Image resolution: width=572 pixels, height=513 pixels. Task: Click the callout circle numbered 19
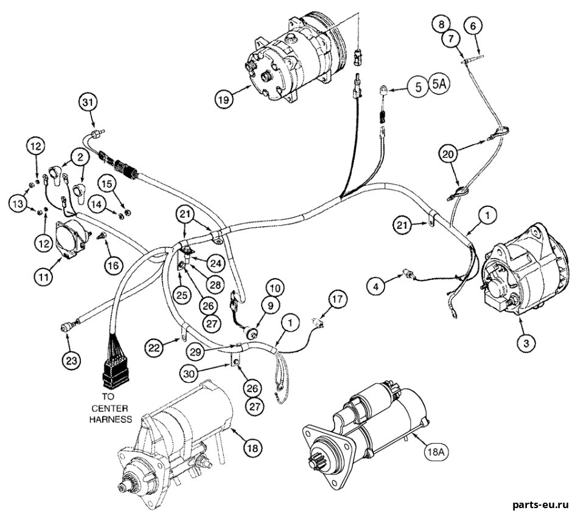tap(224, 99)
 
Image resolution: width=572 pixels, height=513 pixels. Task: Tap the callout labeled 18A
tap(436, 452)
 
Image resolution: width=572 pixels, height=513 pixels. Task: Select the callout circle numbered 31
tap(88, 103)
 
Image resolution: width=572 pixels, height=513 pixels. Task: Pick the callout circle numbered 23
tap(71, 361)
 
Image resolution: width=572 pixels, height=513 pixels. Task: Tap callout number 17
tap(338, 299)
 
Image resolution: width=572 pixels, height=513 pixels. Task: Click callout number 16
tap(113, 265)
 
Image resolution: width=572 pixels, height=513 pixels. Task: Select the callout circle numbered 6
tap(473, 26)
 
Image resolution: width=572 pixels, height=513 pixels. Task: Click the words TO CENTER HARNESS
tap(111, 408)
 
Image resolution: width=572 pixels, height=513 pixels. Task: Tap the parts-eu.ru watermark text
tap(540, 505)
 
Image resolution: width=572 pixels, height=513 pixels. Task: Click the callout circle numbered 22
tap(155, 347)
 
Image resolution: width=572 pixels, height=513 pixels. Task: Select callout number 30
tap(190, 372)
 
